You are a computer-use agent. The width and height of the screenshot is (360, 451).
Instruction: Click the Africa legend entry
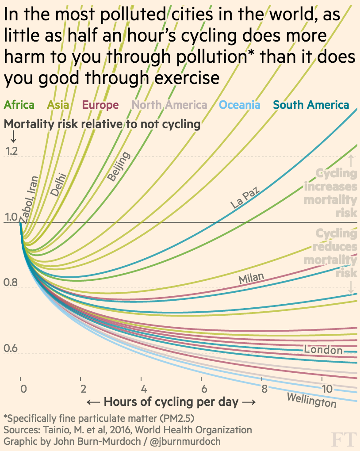pos(19,105)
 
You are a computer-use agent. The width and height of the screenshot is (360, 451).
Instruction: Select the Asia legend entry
pos(58,105)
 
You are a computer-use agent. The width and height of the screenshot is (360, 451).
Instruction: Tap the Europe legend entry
pos(100,105)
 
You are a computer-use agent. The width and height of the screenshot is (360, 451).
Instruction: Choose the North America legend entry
pos(169,105)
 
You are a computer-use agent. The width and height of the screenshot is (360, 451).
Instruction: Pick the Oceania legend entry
pos(240,105)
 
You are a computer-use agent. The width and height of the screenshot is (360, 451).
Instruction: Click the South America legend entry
pos(311,105)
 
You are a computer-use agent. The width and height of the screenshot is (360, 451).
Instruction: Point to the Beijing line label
pos(119,166)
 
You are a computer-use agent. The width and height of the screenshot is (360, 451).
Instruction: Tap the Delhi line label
pos(58,184)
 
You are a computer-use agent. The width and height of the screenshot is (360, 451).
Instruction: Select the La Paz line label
pos(245,197)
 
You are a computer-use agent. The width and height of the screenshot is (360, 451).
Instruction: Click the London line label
pos(323,350)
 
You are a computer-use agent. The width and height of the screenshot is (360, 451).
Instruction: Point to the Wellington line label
pos(311,400)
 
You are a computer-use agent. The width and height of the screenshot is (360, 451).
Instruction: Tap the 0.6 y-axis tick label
pos(11,349)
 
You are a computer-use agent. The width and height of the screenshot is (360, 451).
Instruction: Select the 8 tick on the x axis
pos(264,389)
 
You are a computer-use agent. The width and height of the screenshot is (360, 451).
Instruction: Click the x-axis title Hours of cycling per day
pos(171,402)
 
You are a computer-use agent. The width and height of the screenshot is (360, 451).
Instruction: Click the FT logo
pos(344,440)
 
